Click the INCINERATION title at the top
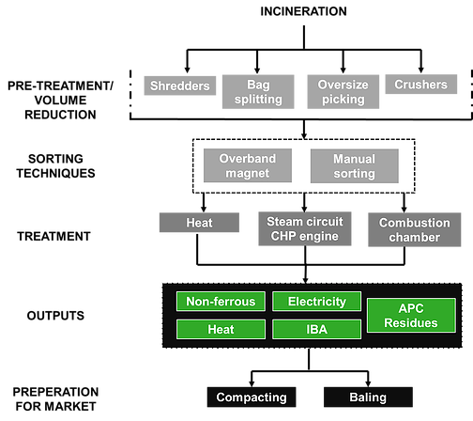(x=303, y=11)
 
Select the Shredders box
(x=180, y=86)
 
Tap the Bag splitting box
(x=258, y=92)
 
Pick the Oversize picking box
(x=343, y=92)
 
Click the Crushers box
(x=421, y=85)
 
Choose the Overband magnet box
(x=248, y=165)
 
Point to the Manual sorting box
(x=355, y=166)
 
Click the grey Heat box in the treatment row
(x=199, y=223)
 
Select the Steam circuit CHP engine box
(x=305, y=228)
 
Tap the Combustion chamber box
(x=415, y=229)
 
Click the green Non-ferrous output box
(x=221, y=302)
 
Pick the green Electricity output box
(x=317, y=302)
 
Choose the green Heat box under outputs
(x=221, y=329)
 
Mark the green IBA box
(x=317, y=329)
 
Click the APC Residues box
(x=411, y=316)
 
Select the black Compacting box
(x=252, y=398)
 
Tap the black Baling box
(x=368, y=398)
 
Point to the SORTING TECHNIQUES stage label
(x=55, y=166)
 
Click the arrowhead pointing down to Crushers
(x=421, y=70)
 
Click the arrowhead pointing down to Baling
(x=368, y=383)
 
